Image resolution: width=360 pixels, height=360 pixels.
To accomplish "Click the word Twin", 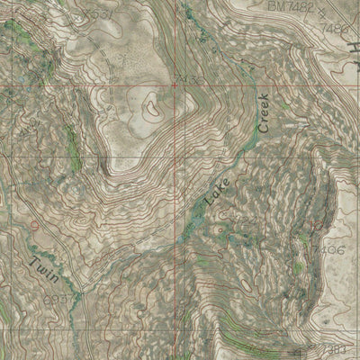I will pyautogui.click(x=42, y=268).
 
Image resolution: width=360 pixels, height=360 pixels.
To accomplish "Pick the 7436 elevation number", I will pyautogui.click(x=191, y=80).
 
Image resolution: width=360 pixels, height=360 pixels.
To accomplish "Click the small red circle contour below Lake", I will pyautogui.click(x=219, y=229).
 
